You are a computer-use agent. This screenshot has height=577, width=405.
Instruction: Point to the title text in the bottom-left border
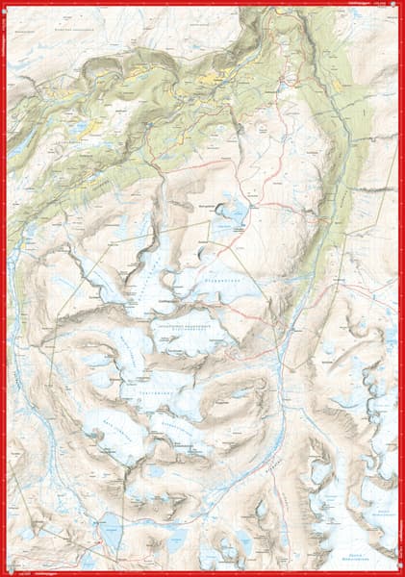[x=38, y=572]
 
